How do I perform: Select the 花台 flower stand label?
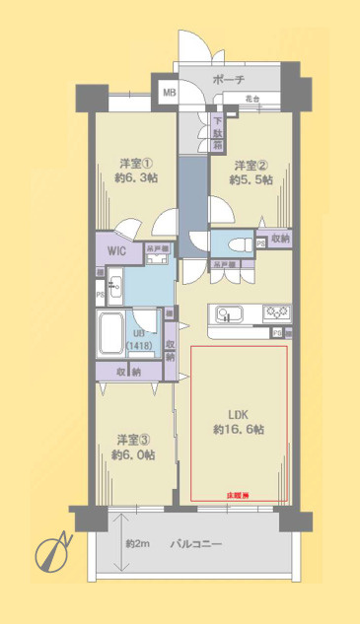tap(252, 99)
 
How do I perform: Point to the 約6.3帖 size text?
tap(138, 177)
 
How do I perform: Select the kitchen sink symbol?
tap(229, 314)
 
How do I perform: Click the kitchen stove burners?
tap(273, 314)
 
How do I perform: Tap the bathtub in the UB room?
tap(110, 335)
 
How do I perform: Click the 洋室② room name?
tap(250, 164)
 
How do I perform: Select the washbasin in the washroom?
tap(114, 289)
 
